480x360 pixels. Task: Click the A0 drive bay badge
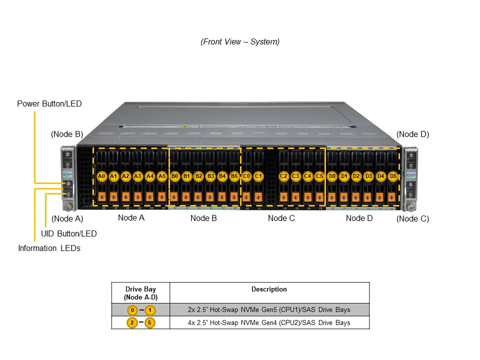pyautogui.click(x=101, y=176)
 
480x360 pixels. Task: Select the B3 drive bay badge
pyautogui.click(x=210, y=176)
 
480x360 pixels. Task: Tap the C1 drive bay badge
pyautogui.click(x=258, y=176)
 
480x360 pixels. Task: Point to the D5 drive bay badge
pyautogui.click(x=393, y=176)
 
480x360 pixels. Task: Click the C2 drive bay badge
pyautogui.click(x=283, y=176)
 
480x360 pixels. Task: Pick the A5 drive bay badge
pyautogui.click(x=162, y=176)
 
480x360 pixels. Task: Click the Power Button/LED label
pyautogui.click(x=49, y=104)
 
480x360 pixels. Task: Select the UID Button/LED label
pyautogui.click(x=69, y=233)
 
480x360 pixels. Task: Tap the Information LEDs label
pyautogui.click(x=49, y=248)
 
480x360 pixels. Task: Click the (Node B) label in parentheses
pyautogui.click(x=67, y=134)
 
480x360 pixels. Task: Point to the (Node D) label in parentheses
pyautogui.click(x=412, y=134)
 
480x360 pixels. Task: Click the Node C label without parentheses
pyautogui.click(x=281, y=218)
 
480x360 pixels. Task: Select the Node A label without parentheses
pyautogui.click(x=131, y=217)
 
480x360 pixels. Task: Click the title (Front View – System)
pyautogui.click(x=240, y=41)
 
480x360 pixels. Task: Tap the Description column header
pyautogui.click(x=269, y=289)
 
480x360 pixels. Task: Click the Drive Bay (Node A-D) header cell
pyautogui.click(x=140, y=293)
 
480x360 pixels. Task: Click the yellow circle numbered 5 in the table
pyautogui.click(x=150, y=322)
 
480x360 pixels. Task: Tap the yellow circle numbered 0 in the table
pyautogui.click(x=132, y=310)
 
